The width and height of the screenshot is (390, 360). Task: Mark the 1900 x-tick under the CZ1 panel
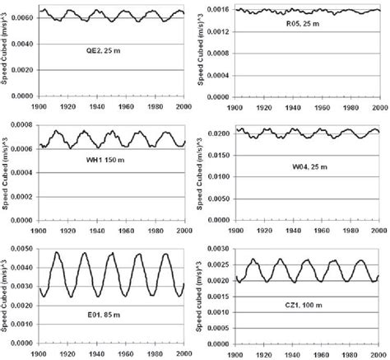tap(236, 353)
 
